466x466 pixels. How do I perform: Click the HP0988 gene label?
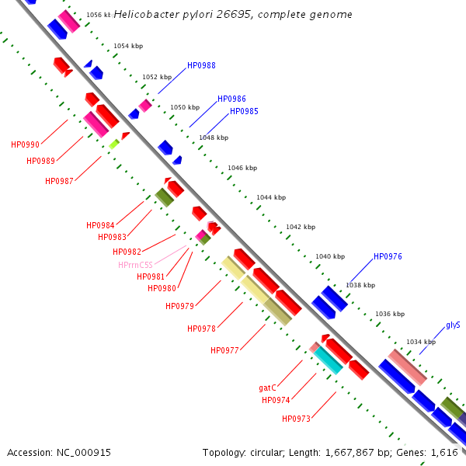tap(201, 65)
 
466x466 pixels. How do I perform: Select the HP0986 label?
tap(231, 99)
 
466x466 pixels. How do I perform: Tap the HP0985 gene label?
tap(244, 111)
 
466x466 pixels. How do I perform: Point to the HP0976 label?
tap(388, 256)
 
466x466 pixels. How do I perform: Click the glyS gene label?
tap(453, 325)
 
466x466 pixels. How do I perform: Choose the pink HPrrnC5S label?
tap(135, 265)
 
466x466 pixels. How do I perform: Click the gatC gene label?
tap(267, 388)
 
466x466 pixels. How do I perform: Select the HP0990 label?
tap(25, 144)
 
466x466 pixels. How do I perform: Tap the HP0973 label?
tap(296, 419)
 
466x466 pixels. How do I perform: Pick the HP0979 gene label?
tap(179, 306)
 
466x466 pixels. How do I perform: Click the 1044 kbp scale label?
tap(271, 197)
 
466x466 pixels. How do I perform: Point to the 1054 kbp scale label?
tap(128, 46)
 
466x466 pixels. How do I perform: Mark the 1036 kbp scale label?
tap(390, 314)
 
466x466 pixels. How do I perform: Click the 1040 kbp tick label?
tap(330, 256)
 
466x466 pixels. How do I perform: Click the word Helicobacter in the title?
tap(147, 14)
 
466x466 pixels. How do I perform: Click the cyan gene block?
tap(329, 360)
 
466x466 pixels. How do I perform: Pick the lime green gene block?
tap(114, 144)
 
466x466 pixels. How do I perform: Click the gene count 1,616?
tap(444, 453)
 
